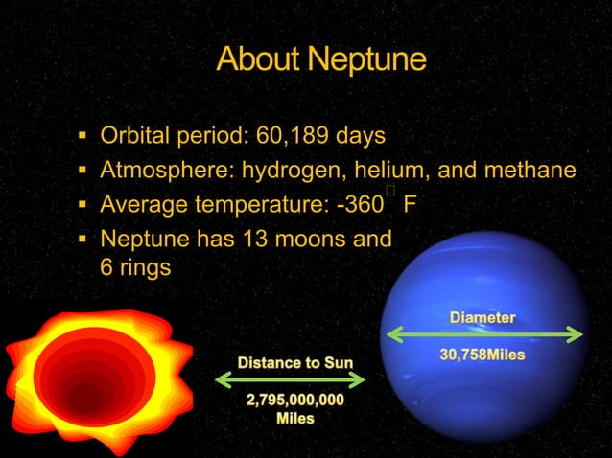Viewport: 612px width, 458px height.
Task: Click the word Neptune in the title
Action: point(369,59)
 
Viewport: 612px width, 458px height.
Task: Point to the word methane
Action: point(530,171)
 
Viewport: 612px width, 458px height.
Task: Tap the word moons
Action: point(313,238)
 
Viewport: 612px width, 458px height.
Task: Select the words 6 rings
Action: point(135,267)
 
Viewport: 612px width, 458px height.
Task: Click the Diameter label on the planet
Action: point(483,317)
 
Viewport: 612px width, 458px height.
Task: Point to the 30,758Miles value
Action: point(483,355)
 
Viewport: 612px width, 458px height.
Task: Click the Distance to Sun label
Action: point(294,362)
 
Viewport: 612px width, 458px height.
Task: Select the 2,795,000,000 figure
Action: point(294,401)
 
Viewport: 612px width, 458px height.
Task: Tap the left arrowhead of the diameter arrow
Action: point(389,334)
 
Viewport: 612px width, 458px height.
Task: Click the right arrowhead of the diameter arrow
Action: point(577,334)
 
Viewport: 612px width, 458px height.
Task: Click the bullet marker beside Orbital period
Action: point(82,136)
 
